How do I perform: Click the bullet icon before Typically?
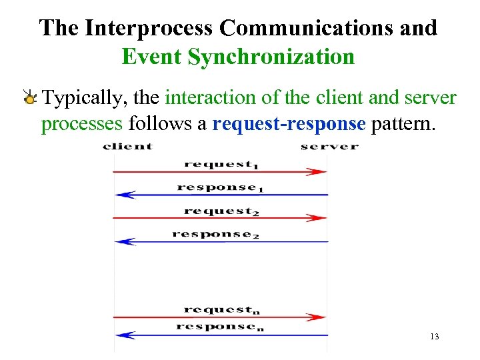click(x=30, y=99)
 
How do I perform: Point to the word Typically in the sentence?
click(x=84, y=99)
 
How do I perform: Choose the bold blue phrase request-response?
click(x=289, y=123)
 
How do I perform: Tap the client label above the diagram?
click(x=127, y=147)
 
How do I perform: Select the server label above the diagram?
click(x=329, y=147)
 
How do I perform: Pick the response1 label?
click(x=220, y=187)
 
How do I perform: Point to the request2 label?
click(x=221, y=211)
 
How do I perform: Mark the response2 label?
click(x=215, y=234)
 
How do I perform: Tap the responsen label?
click(x=220, y=326)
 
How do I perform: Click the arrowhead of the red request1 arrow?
click(x=319, y=171)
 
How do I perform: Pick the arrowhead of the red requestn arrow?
click(x=319, y=317)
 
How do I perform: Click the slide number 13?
click(x=435, y=337)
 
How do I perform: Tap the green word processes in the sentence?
click(x=82, y=123)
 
